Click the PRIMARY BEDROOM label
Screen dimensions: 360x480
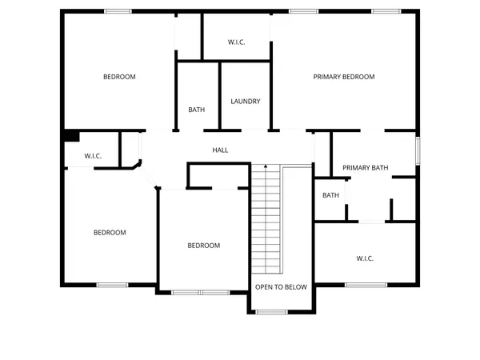(x=344, y=77)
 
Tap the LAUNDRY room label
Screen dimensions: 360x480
(x=246, y=102)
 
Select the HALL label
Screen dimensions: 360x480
(x=221, y=150)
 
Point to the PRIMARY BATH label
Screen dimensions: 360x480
(x=366, y=168)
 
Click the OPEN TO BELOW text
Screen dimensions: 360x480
(x=280, y=286)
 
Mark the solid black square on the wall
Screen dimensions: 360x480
(x=71, y=137)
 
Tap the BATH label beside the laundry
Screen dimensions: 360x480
(x=197, y=110)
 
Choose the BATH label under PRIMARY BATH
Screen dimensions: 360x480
(x=330, y=195)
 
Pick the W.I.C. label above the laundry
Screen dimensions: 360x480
(x=236, y=42)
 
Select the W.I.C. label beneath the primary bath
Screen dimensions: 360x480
(x=365, y=258)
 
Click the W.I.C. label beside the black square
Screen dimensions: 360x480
(x=93, y=156)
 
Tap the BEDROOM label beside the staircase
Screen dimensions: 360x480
(x=203, y=246)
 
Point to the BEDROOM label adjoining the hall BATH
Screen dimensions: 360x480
(x=119, y=77)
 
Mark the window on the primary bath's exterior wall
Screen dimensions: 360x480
(x=417, y=151)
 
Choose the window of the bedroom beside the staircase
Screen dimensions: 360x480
(x=201, y=292)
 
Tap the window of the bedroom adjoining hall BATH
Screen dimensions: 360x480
(x=118, y=10)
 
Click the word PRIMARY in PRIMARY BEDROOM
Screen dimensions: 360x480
(x=328, y=77)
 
